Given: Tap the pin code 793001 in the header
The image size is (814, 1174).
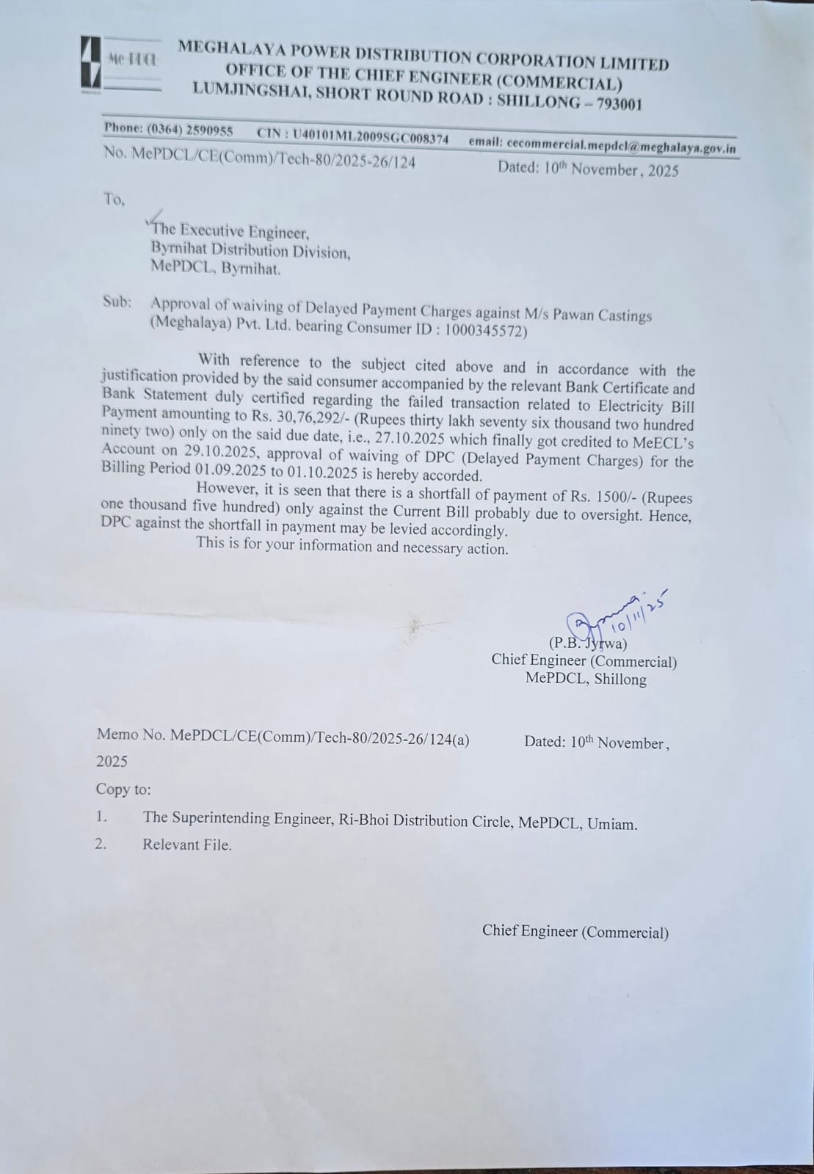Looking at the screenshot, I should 619,104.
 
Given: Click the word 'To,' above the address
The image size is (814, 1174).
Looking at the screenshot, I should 114,199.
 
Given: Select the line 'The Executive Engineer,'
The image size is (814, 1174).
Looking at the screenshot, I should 230,233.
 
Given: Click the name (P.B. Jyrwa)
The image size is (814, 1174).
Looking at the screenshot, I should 587,644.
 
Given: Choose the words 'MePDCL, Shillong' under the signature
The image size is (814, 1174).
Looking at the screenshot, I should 586,679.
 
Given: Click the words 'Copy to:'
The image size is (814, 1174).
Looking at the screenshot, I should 123,790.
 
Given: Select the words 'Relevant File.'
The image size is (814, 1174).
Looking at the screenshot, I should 187,845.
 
